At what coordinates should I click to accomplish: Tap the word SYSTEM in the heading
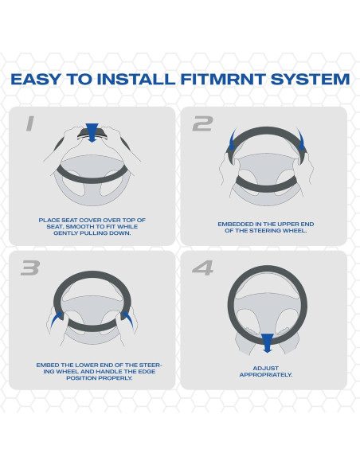[310, 79]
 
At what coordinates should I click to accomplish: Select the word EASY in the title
[36, 79]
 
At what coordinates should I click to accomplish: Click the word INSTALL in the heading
[136, 79]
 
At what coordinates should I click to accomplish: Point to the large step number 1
[30, 123]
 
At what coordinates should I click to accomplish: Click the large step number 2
[203, 123]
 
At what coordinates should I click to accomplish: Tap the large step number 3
[30, 268]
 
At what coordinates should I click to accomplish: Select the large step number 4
[203, 268]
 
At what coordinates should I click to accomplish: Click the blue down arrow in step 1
[92, 132]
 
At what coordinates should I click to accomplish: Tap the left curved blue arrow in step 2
[232, 139]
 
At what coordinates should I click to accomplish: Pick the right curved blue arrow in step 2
[302, 139]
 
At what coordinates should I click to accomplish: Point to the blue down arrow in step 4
[268, 343]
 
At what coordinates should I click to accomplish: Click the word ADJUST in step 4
[266, 368]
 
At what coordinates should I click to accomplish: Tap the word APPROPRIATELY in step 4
[266, 375]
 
